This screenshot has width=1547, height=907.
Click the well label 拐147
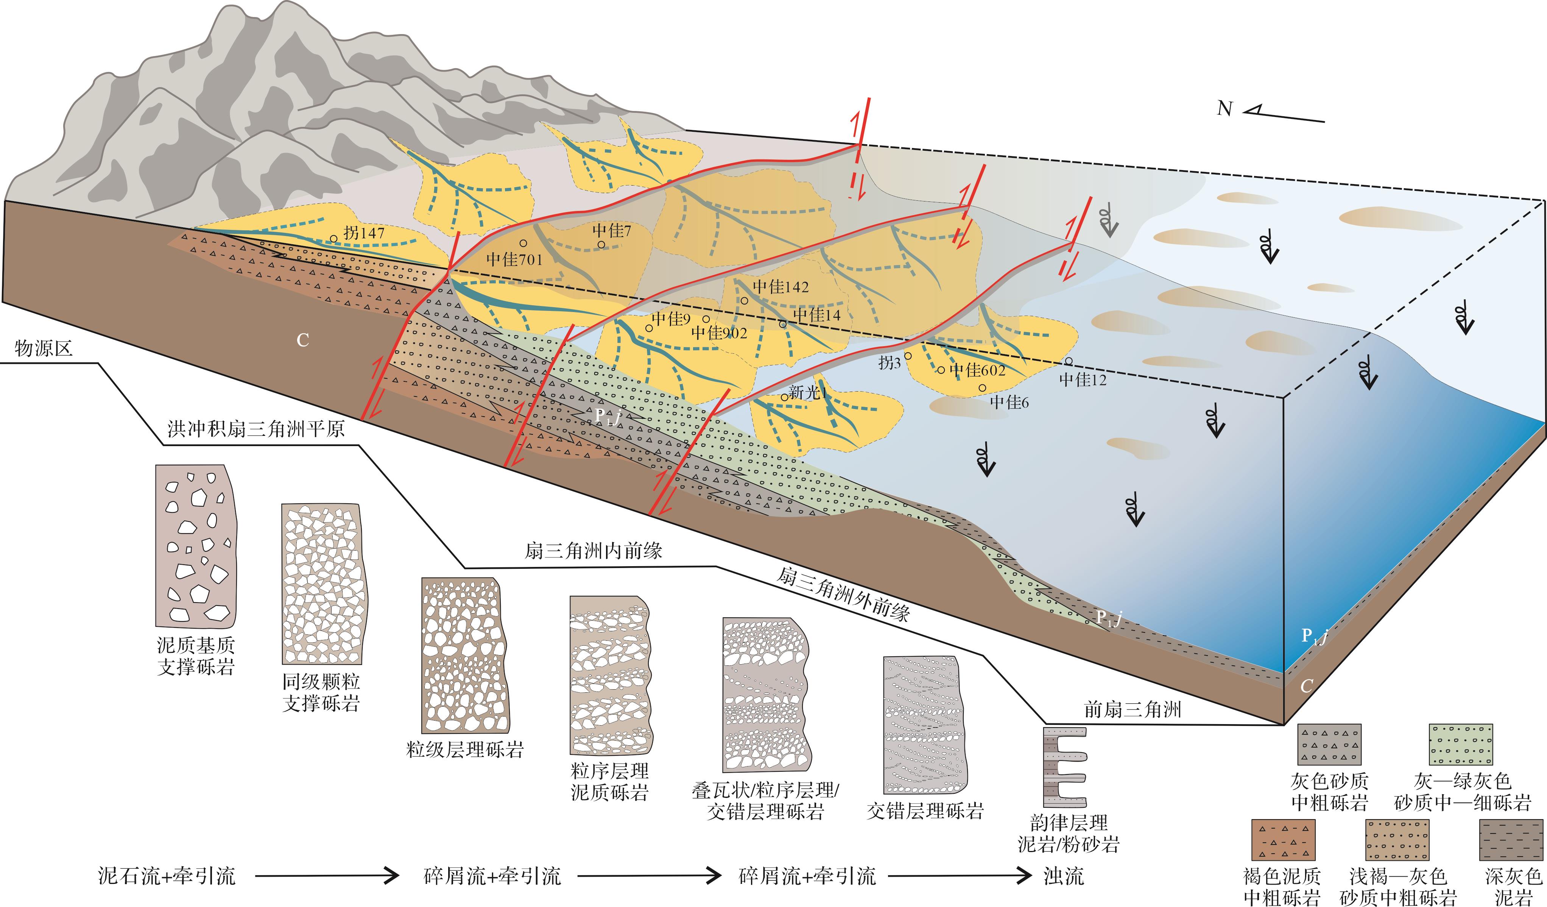click(x=364, y=233)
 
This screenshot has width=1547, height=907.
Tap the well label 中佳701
click(x=514, y=259)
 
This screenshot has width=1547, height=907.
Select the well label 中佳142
click(x=781, y=287)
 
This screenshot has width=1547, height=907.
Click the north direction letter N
click(x=1225, y=109)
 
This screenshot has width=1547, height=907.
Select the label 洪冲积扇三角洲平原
click(x=256, y=429)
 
